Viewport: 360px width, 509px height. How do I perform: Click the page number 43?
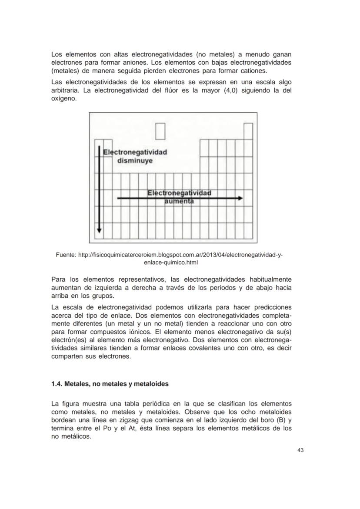click(300, 450)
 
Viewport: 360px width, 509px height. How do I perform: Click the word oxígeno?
click(64, 99)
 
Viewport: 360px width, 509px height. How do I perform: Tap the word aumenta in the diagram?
click(179, 201)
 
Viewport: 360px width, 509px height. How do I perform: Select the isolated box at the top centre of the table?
click(160, 131)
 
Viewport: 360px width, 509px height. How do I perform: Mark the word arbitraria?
click(65, 90)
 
